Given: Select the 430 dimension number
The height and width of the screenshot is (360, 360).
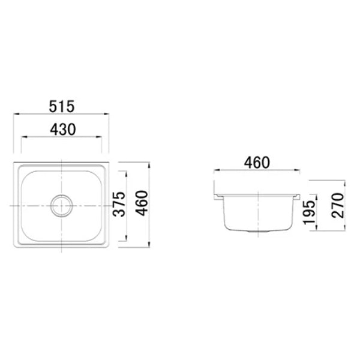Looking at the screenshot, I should point(61,130).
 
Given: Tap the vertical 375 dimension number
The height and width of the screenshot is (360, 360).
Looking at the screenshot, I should point(120,205).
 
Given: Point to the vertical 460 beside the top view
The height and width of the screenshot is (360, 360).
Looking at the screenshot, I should point(142,205).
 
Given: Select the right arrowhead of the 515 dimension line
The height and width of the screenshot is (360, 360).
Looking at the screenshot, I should point(109,113).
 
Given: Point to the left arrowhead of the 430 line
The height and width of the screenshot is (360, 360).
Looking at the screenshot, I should point(23,137).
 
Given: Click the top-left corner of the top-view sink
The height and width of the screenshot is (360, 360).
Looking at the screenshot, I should point(14,163).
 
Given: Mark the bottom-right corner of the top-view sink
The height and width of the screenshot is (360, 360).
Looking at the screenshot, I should point(108,247).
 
